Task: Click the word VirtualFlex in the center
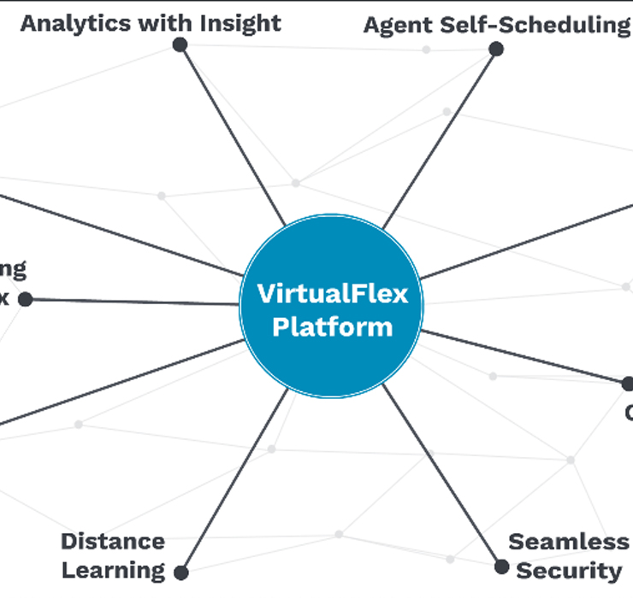click(332, 295)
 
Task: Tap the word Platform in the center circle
click(332, 327)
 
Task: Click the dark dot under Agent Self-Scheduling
click(495, 49)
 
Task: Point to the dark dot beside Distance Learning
click(181, 572)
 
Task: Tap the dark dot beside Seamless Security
click(502, 566)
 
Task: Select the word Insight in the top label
click(240, 23)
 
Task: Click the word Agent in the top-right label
click(394, 25)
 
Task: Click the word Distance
click(113, 542)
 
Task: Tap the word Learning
click(113, 570)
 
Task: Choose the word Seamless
click(568, 542)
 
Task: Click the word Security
click(569, 570)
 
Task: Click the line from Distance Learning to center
click(233, 483)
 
